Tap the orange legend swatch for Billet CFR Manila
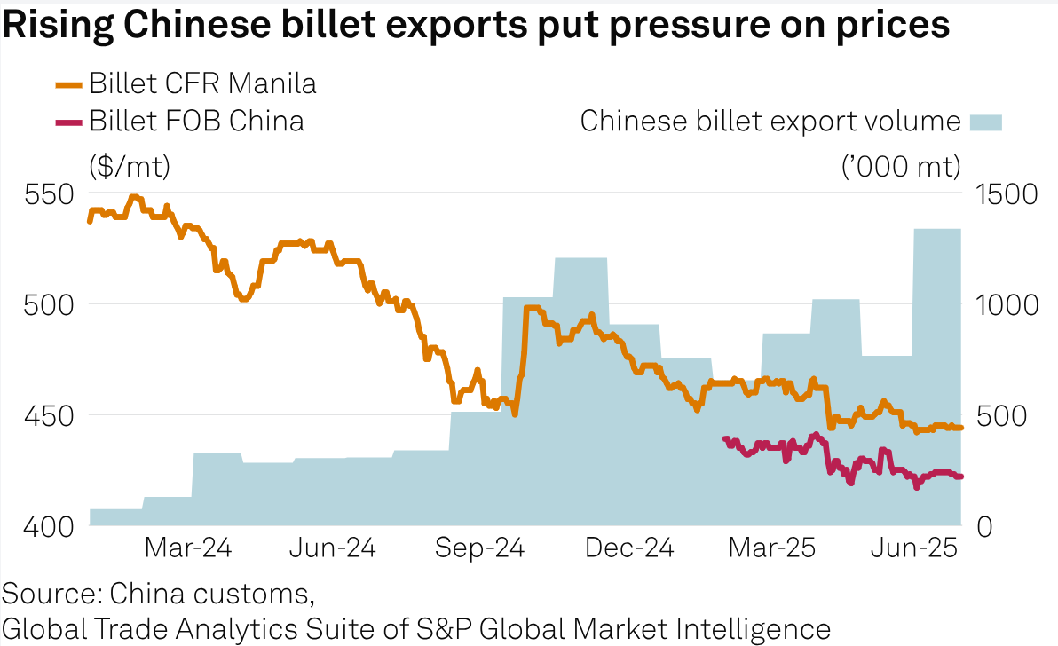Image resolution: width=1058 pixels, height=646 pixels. [x=68, y=85]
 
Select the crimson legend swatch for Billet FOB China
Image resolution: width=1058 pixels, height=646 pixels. [x=68, y=122]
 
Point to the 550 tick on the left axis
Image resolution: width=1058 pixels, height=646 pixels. [x=43, y=194]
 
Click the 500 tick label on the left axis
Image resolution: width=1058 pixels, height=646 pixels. [x=43, y=304]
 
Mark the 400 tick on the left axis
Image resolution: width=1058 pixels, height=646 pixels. [x=43, y=525]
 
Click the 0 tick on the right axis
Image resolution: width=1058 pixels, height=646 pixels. [x=986, y=525]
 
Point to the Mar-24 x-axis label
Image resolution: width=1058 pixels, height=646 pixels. [x=187, y=548]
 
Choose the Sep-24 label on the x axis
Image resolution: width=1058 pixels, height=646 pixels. [x=479, y=548]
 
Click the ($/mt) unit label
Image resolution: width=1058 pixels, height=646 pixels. [x=129, y=165]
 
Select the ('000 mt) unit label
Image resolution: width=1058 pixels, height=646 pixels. [x=901, y=165]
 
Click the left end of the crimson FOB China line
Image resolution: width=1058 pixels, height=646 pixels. [x=725, y=438]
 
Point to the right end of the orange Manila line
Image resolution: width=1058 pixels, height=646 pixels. [x=961, y=428]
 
